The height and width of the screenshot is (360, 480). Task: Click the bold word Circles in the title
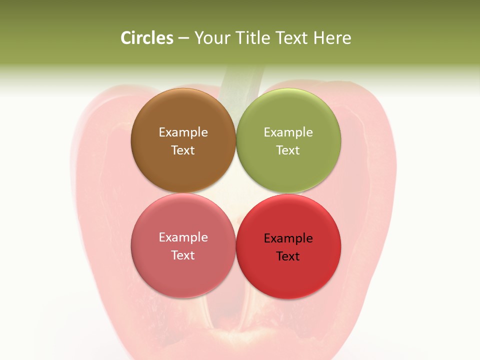(147, 38)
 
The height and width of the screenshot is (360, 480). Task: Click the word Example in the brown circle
(183, 132)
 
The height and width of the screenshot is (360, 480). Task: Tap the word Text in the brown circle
(183, 150)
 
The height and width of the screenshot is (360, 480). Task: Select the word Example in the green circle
(288, 132)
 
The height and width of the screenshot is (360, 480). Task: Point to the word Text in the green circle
(288, 150)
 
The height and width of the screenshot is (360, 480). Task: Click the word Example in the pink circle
(183, 237)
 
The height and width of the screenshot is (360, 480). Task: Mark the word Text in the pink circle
(183, 255)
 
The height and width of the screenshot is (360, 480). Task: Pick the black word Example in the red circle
(288, 238)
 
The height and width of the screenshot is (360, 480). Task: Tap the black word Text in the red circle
(288, 256)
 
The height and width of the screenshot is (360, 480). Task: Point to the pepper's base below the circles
(240, 335)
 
